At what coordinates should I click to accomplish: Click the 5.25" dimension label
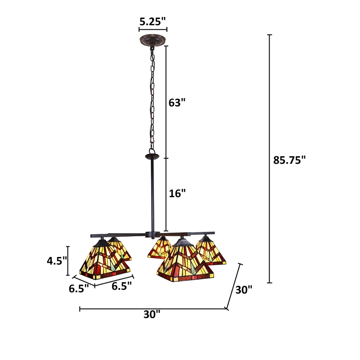point(153,21)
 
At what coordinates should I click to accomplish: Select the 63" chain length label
point(177,103)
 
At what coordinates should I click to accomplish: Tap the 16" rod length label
point(177,193)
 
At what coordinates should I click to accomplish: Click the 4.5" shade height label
point(58,261)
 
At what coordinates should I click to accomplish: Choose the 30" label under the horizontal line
point(152,315)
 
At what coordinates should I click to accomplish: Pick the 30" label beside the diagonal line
point(243,290)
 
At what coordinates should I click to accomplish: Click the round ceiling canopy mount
point(153,39)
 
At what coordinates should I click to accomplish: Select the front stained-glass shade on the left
point(105,263)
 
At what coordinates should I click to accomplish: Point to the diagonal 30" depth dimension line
point(234,287)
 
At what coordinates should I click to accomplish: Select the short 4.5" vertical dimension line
point(68,261)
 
